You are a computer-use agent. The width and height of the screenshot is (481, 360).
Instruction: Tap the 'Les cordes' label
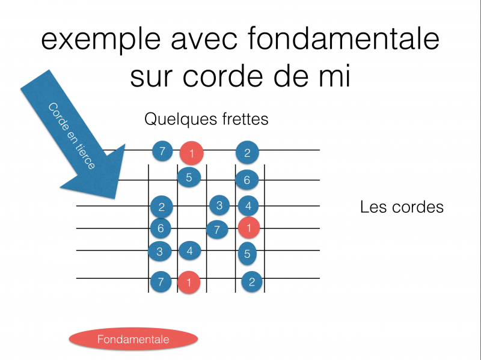click(x=402, y=207)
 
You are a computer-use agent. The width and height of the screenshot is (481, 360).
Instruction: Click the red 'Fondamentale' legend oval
click(x=133, y=340)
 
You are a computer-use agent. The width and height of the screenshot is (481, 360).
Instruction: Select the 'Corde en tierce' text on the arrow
click(x=72, y=136)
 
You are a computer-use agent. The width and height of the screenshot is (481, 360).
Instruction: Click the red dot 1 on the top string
click(x=192, y=153)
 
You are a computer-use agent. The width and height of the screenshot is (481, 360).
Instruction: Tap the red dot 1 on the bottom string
click(x=189, y=282)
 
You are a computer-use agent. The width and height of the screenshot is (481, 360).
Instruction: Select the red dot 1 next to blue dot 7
click(x=248, y=228)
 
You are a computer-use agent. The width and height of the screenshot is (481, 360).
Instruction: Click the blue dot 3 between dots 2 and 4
click(x=219, y=206)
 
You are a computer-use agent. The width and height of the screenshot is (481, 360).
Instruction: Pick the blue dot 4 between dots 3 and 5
click(x=189, y=250)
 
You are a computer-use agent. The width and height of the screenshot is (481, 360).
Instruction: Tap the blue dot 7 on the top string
click(x=162, y=151)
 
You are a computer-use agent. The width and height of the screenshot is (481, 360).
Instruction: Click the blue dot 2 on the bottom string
click(x=252, y=282)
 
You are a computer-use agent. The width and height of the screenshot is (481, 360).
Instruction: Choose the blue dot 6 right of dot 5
click(x=247, y=179)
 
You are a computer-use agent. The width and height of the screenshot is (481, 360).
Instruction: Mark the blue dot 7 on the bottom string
click(x=161, y=281)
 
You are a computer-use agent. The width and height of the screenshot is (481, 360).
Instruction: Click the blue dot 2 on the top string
click(x=247, y=153)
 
